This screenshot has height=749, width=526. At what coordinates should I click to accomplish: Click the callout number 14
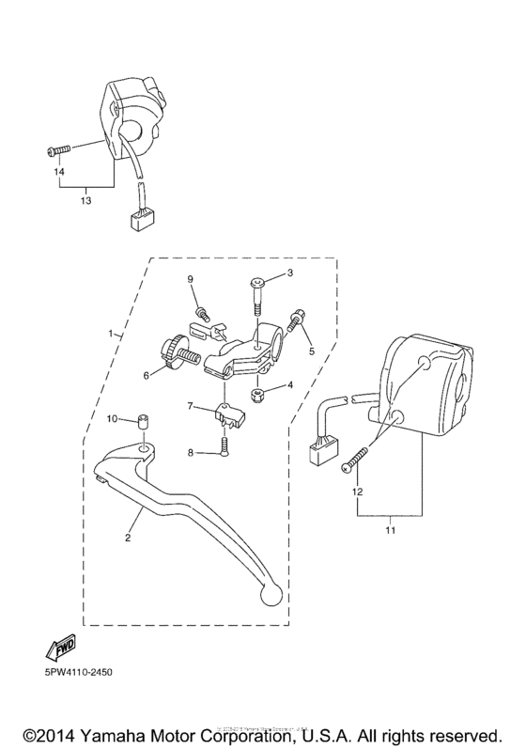57,172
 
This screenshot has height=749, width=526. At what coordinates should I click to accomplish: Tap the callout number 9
190,279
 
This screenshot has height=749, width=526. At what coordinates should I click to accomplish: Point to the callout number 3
290,273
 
